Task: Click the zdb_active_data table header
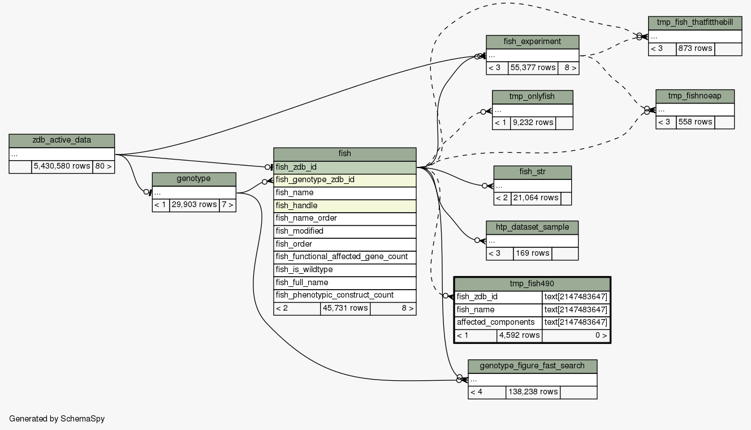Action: click(62, 140)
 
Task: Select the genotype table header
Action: click(194, 179)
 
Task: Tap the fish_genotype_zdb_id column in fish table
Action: click(344, 180)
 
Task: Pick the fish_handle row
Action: click(344, 205)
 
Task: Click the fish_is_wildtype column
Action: click(344, 270)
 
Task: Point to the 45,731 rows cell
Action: click(345, 308)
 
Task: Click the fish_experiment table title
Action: click(532, 42)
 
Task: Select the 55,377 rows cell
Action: click(532, 68)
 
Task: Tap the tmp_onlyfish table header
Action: click(532, 97)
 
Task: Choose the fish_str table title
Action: click(532, 172)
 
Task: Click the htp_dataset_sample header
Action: click(532, 227)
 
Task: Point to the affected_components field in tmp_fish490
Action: click(498, 322)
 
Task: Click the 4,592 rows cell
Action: click(519, 336)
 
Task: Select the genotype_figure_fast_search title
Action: click(532, 366)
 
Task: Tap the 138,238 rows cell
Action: click(533, 392)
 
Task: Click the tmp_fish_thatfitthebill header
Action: click(695, 23)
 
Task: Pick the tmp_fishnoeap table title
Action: click(694, 96)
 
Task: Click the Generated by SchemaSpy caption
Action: click(57, 419)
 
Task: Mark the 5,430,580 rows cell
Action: click(62, 166)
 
